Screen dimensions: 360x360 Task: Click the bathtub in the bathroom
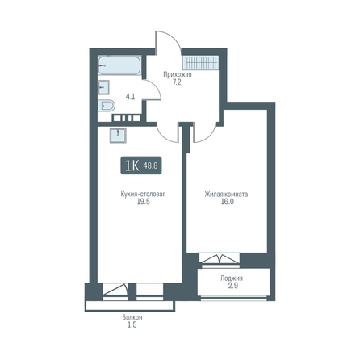click(119, 65)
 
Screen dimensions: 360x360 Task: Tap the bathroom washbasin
click(103, 87)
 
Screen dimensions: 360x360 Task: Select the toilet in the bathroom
click(107, 106)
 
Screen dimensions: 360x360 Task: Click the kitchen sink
click(118, 135)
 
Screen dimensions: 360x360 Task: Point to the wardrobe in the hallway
click(200, 63)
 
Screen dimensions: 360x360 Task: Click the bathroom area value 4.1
click(130, 97)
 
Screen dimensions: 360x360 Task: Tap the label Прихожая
click(178, 74)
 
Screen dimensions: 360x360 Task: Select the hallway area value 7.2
click(177, 82)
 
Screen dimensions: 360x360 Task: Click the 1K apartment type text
click(132, 165)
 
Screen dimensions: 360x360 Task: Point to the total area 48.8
click(150, 166)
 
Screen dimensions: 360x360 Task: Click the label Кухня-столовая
click(143, 194)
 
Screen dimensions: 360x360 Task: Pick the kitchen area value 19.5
click(144, 202)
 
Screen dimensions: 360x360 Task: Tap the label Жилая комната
click(226, 194)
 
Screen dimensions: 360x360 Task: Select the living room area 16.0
click(228, 202)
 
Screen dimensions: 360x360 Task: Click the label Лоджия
click(232, 278)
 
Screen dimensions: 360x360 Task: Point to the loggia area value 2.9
click(233, 286)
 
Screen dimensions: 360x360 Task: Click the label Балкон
click(132, 317)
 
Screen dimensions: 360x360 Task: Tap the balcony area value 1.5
click(132, 325)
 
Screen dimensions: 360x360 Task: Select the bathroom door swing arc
click(157, 86)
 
